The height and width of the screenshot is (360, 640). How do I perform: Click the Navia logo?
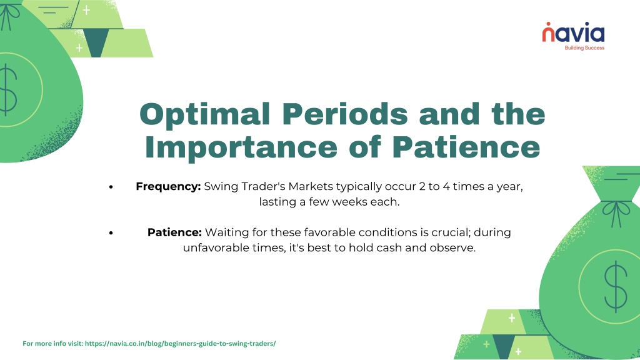(x=573, y=36)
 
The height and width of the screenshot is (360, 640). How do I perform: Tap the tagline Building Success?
(x=584, y=48)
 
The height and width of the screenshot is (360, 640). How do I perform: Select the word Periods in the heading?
(x=345, y=115)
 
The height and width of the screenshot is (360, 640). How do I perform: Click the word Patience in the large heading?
(x=466, y=147)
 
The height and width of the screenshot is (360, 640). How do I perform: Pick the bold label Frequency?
(x=168, y=187)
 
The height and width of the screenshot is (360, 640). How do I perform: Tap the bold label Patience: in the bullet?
(x=175, y=232)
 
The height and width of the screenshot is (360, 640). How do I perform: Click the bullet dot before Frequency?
(x=111, y=187)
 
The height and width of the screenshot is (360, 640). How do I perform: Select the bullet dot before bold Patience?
(x=111, y=233)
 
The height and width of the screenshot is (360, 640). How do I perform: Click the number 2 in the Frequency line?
(x=422, y=186)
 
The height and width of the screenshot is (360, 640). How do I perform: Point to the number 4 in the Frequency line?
(x=446, y=186)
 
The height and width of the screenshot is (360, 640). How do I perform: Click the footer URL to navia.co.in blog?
(x=181, y=344)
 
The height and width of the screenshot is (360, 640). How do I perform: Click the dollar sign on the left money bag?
(x=8, y=91)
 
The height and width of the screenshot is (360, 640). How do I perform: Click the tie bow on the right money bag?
(x=617, y=212)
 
